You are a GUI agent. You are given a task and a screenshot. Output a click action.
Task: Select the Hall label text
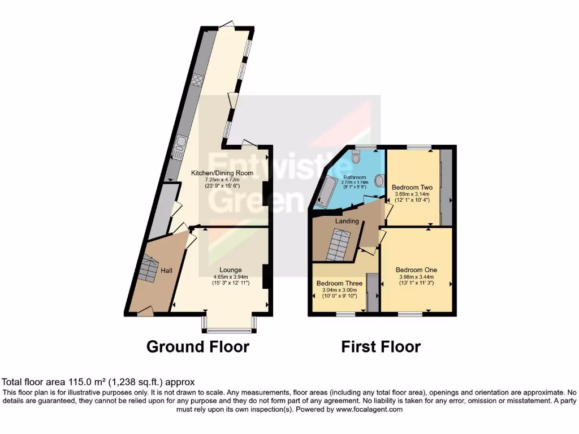(166, 271)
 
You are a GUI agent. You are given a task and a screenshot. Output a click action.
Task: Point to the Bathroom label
(355, 177)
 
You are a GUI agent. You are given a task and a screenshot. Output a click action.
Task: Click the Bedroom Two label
(412, 187)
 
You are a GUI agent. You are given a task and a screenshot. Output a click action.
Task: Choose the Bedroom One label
(416, 270)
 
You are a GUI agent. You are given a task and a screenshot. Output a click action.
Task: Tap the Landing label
(347, 221)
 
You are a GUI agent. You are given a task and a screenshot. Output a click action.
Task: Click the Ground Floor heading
(198, 346)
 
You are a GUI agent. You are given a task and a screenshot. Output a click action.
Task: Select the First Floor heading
(381, 346)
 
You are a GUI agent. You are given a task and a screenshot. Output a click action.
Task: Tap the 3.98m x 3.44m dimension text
(416, 277)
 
